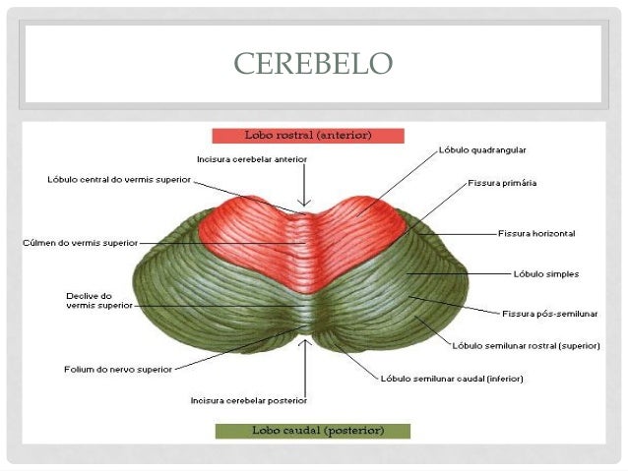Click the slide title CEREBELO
coord(313,64)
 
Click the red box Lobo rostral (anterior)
coord(307,134)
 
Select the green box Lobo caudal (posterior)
coord(311,431)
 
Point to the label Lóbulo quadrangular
coord(482,150)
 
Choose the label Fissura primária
coord(501,183)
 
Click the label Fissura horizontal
coord(535,234)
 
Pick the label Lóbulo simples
coord(545,273)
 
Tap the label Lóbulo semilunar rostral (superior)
coord(520,346)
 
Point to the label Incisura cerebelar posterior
coord(249,400)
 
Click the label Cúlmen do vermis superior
coord(80,242)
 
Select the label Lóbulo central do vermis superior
coord(119,180)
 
